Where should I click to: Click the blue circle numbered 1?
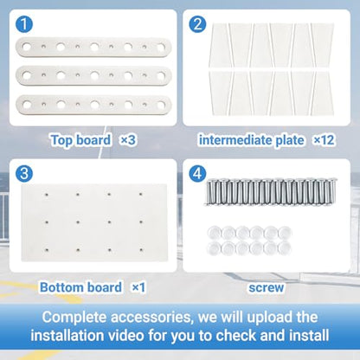pos(24,24)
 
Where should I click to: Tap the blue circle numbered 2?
pos(197,23)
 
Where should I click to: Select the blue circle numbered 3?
pos(24,174)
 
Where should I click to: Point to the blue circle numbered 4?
pos(197,174)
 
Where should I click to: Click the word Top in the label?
pos(62,140)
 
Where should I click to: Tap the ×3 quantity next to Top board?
pos(128,140)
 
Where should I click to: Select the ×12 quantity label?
pos(324,140)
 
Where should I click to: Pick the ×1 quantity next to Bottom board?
pos(138,287)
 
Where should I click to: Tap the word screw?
pos(267,288)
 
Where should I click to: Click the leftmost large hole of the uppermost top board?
pos(27,47)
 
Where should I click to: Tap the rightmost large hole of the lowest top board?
pos(161,105)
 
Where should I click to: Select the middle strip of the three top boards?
pos(93,75)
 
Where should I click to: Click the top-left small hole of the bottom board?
pos(47,195)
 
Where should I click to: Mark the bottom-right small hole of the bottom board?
pos(141,250)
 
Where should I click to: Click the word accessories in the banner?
pos(151,318)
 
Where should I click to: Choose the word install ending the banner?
pos(309,336)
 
